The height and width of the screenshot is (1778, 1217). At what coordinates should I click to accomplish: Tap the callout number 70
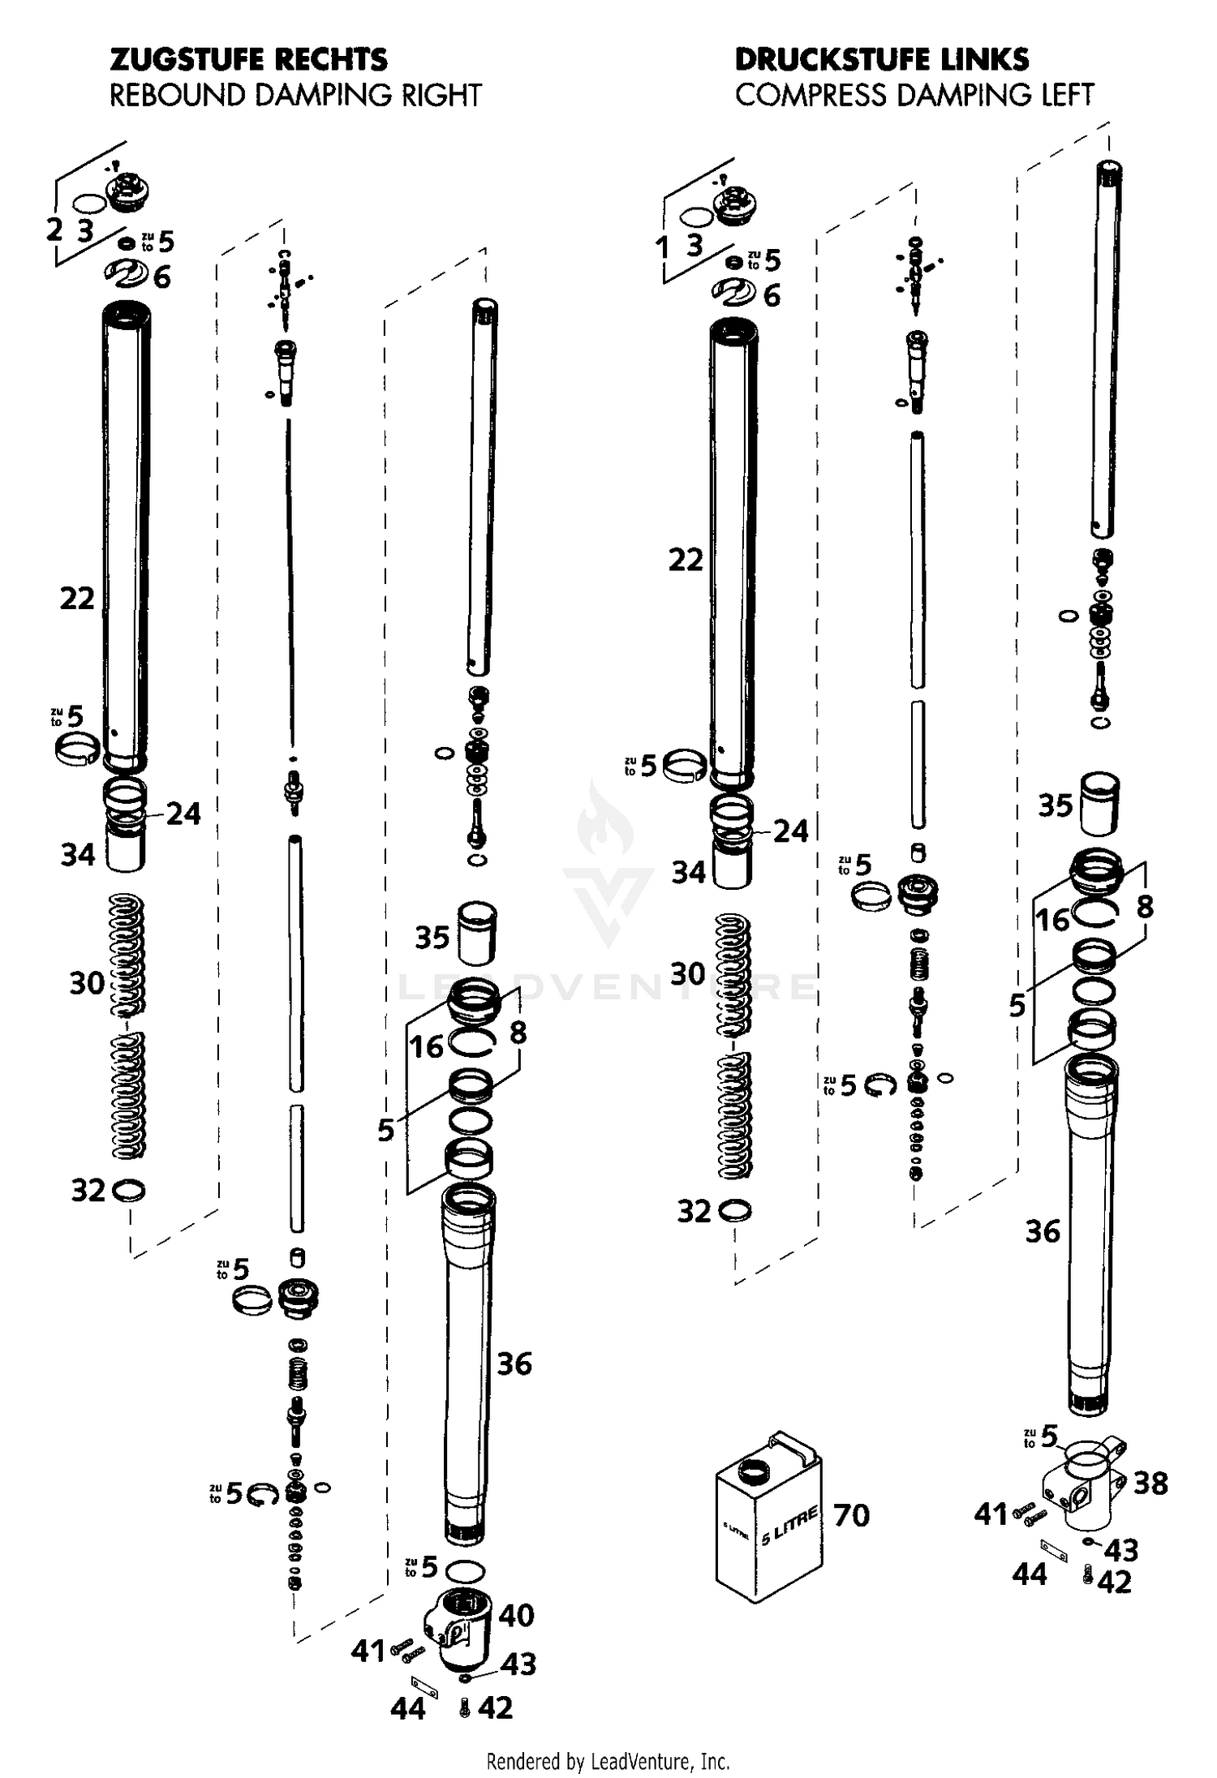(851, 1514)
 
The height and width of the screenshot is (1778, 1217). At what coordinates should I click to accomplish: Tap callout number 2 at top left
(54, 230)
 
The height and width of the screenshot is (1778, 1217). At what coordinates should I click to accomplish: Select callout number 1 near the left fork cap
(663, 247)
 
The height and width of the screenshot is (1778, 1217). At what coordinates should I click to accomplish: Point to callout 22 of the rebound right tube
(77, 599)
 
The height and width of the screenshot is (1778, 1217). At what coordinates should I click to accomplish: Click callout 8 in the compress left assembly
(1145, 906)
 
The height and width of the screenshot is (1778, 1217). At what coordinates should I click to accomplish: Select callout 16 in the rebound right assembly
(426, 1046)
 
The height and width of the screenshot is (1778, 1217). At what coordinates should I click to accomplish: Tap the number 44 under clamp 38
(1029, 1574)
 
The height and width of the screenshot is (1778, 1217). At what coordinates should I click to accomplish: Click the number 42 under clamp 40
(496, 1708)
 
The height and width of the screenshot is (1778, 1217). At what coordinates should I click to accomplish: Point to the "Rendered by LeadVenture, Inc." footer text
(608, 1762)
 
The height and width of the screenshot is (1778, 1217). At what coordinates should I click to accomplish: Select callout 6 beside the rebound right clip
(162, 277)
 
